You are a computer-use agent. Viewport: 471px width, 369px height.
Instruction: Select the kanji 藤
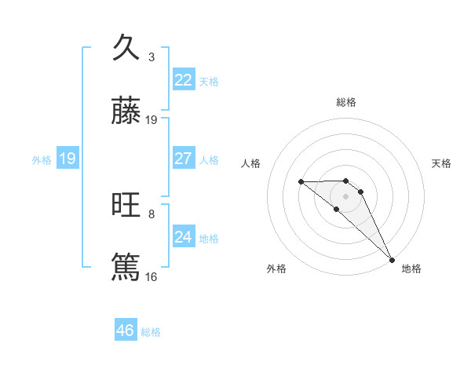(x=126, y=111)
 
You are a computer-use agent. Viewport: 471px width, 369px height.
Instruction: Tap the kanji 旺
(x=126, y=206)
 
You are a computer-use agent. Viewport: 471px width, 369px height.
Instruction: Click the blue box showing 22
(x=183, y=80)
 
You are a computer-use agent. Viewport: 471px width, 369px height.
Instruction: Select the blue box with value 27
(x=183, y=159)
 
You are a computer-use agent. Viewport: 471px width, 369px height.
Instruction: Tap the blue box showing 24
(x=183, y=237)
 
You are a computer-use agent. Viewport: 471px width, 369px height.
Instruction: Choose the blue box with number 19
(x=67, y=159)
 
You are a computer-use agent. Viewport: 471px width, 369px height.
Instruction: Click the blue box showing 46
(x=126, y=331)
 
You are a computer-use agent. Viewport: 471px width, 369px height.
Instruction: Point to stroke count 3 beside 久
(x=152, y=57)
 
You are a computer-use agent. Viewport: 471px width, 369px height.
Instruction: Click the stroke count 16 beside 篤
(x=152, y=276)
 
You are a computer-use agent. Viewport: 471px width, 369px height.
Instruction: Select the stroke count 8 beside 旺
(x=152, y=214)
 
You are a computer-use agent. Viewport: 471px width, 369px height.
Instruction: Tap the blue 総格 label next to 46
(x=151, y=332)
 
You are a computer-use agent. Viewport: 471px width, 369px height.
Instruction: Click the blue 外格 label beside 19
(x=42, y=160)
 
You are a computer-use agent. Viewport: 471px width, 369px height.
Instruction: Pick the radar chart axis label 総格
(x=346, y=102)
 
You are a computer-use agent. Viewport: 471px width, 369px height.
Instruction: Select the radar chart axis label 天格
(x=442, y=163)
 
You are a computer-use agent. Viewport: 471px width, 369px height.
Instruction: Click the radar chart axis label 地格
(x=411, y=269)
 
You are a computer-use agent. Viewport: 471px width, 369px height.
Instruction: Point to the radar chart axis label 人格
(x=251, y=163)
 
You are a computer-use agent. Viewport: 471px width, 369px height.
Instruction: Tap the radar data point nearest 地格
(x=392, y=259)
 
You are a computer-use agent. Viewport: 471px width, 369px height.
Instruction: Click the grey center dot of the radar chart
(x=346, y=196)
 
